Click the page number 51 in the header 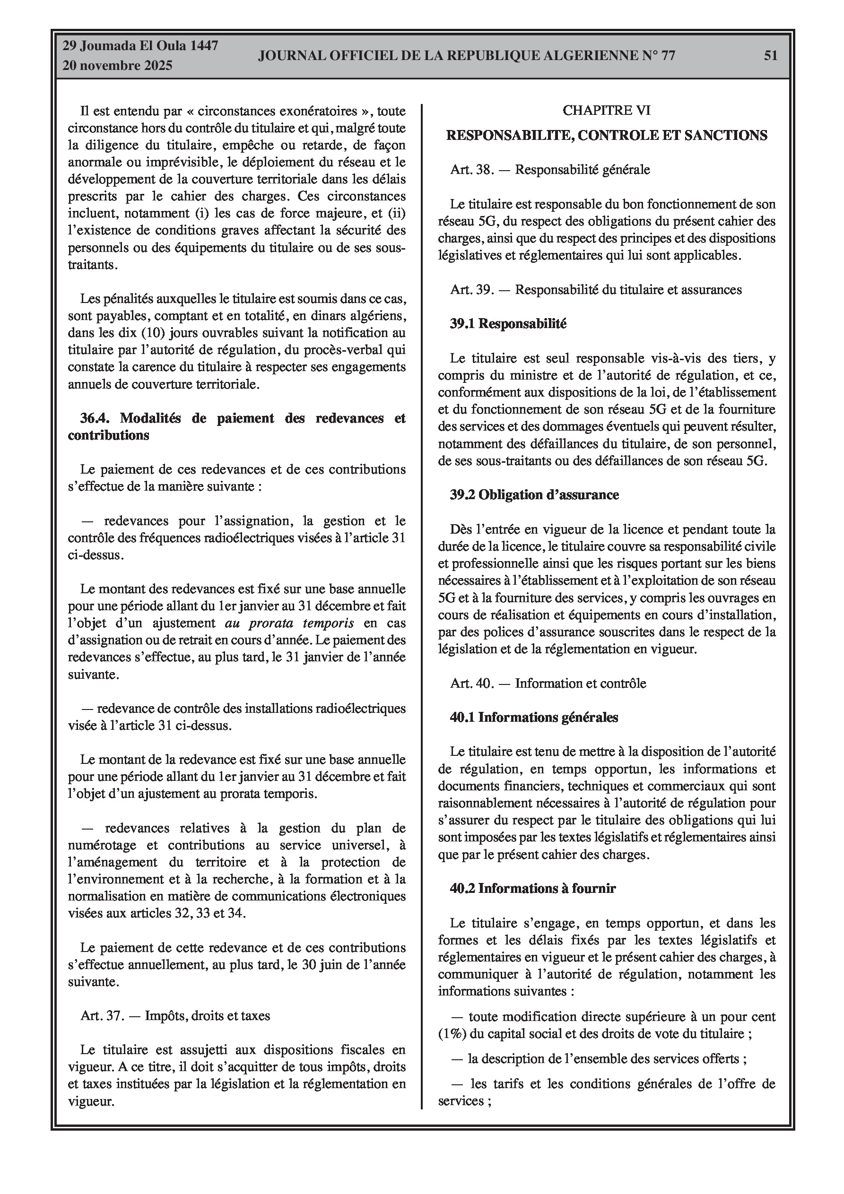(x=770, y=56)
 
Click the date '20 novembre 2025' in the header (x=117, y=66)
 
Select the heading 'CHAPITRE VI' (x=606, y=110)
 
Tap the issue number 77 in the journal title (x=668, y=56)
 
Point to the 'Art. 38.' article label (x=472, y=170)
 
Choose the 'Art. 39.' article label (x=472, y=290)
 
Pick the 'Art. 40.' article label (x=472, y=684)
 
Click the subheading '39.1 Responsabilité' (x=508, y=323)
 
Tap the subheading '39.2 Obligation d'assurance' (x=534, y=494)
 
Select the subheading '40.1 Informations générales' (x=534, y=718)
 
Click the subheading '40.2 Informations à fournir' (x=533, y=888)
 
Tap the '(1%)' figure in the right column (x=452, y=1033)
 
